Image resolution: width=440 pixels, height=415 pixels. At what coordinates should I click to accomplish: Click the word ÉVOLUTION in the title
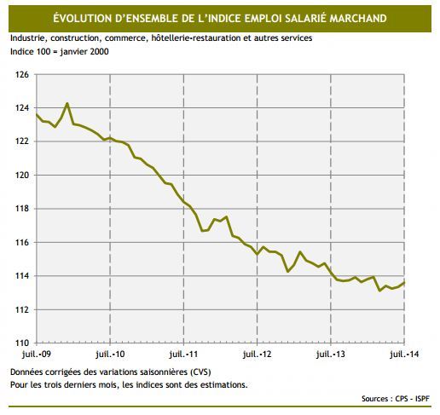(x=88, y=17)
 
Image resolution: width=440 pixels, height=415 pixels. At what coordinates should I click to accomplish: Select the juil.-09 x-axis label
(x=36, y=353)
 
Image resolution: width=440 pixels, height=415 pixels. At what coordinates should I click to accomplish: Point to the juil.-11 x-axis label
(x=184, y=353)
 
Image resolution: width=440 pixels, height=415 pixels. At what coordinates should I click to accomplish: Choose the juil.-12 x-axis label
(x=258, y=353)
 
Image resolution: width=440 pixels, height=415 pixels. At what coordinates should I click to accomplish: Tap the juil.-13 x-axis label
(x=331, y=353)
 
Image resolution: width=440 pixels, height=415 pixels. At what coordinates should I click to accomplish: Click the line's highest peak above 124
(x=67, y=104)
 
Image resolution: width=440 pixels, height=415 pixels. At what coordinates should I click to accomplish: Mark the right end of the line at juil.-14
(x=403, y=282)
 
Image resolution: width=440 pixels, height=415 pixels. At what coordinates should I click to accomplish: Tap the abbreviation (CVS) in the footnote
(x=196, y=373)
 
